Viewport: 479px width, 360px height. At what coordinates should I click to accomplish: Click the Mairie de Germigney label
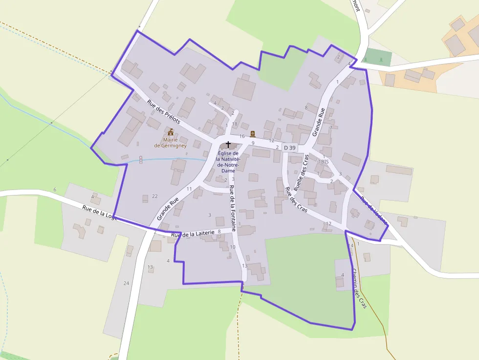170,143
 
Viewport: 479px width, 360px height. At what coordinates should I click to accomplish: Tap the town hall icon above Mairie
171,132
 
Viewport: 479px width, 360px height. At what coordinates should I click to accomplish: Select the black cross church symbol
228,145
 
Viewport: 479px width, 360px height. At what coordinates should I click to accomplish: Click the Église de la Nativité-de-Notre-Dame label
228,162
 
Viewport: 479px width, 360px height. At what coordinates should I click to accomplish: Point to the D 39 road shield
290,148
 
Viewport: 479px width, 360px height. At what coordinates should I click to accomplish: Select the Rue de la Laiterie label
193,234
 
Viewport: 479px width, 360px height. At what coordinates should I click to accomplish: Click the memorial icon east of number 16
253,134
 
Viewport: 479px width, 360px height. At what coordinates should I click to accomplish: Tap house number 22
154,196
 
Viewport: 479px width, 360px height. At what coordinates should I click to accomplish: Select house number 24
126,283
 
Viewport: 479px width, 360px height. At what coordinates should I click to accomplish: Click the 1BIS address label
323,162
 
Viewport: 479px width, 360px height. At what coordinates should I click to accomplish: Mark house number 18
235,124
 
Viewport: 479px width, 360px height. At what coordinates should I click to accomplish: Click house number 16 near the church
242,136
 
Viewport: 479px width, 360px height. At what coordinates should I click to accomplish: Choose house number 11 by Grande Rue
189,189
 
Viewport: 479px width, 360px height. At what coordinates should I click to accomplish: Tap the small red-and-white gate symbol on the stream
140,159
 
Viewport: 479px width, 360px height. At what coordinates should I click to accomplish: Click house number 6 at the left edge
55,190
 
